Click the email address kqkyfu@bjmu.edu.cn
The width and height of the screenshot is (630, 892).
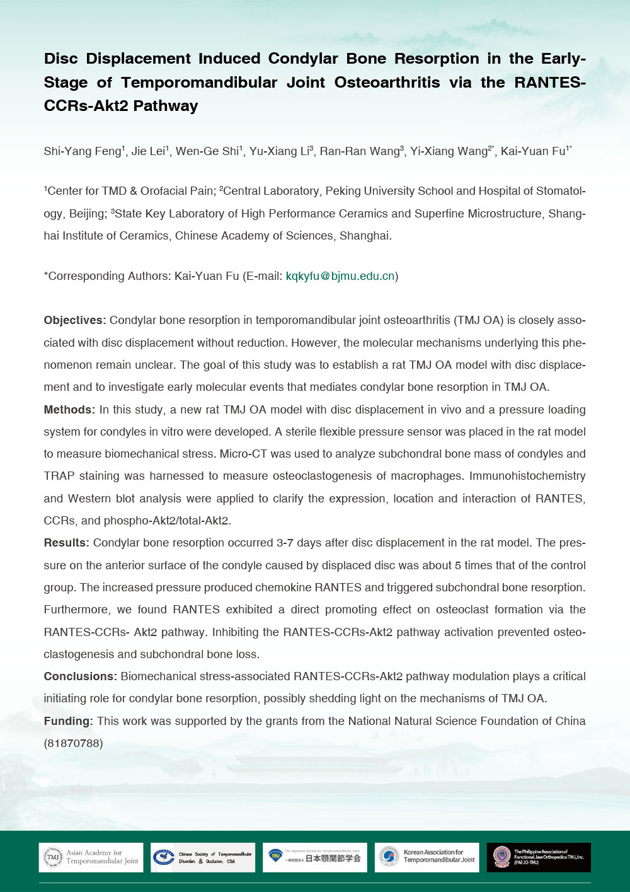pyautogui.click(x=340, y=276)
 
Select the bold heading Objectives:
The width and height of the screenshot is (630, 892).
pyautogui.click(x=75, y=320)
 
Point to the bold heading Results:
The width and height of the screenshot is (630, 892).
pyautogui.click(x=67, y=543)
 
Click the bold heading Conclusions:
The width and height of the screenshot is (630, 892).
pyautogui.click(x=80, y=676)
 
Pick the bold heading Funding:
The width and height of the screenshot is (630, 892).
pyautogui.click(x=69, y=721)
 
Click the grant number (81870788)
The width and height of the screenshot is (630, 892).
pyautogui.click(x=73, y=743)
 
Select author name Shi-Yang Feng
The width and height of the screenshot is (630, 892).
pyautogui.click(x=82, y=151)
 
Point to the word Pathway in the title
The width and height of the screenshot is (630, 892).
pyautogui.click(x=166, y=106)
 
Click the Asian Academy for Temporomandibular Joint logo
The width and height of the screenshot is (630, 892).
pyautogui.click(x=91, y=857)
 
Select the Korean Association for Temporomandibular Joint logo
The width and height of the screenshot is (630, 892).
pyautogui.click(x=427, y=857)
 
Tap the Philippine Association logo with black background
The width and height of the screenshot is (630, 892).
pyautogui.click(x=539, y=857)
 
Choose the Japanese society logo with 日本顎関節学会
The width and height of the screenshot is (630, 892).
pyautogui.click(x=315, y=857)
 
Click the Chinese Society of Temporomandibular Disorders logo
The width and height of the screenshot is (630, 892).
pyautogui.click(x=203, y=857)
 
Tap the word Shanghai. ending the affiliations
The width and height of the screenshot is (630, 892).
pyautogui.click(x=365, y=236)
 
